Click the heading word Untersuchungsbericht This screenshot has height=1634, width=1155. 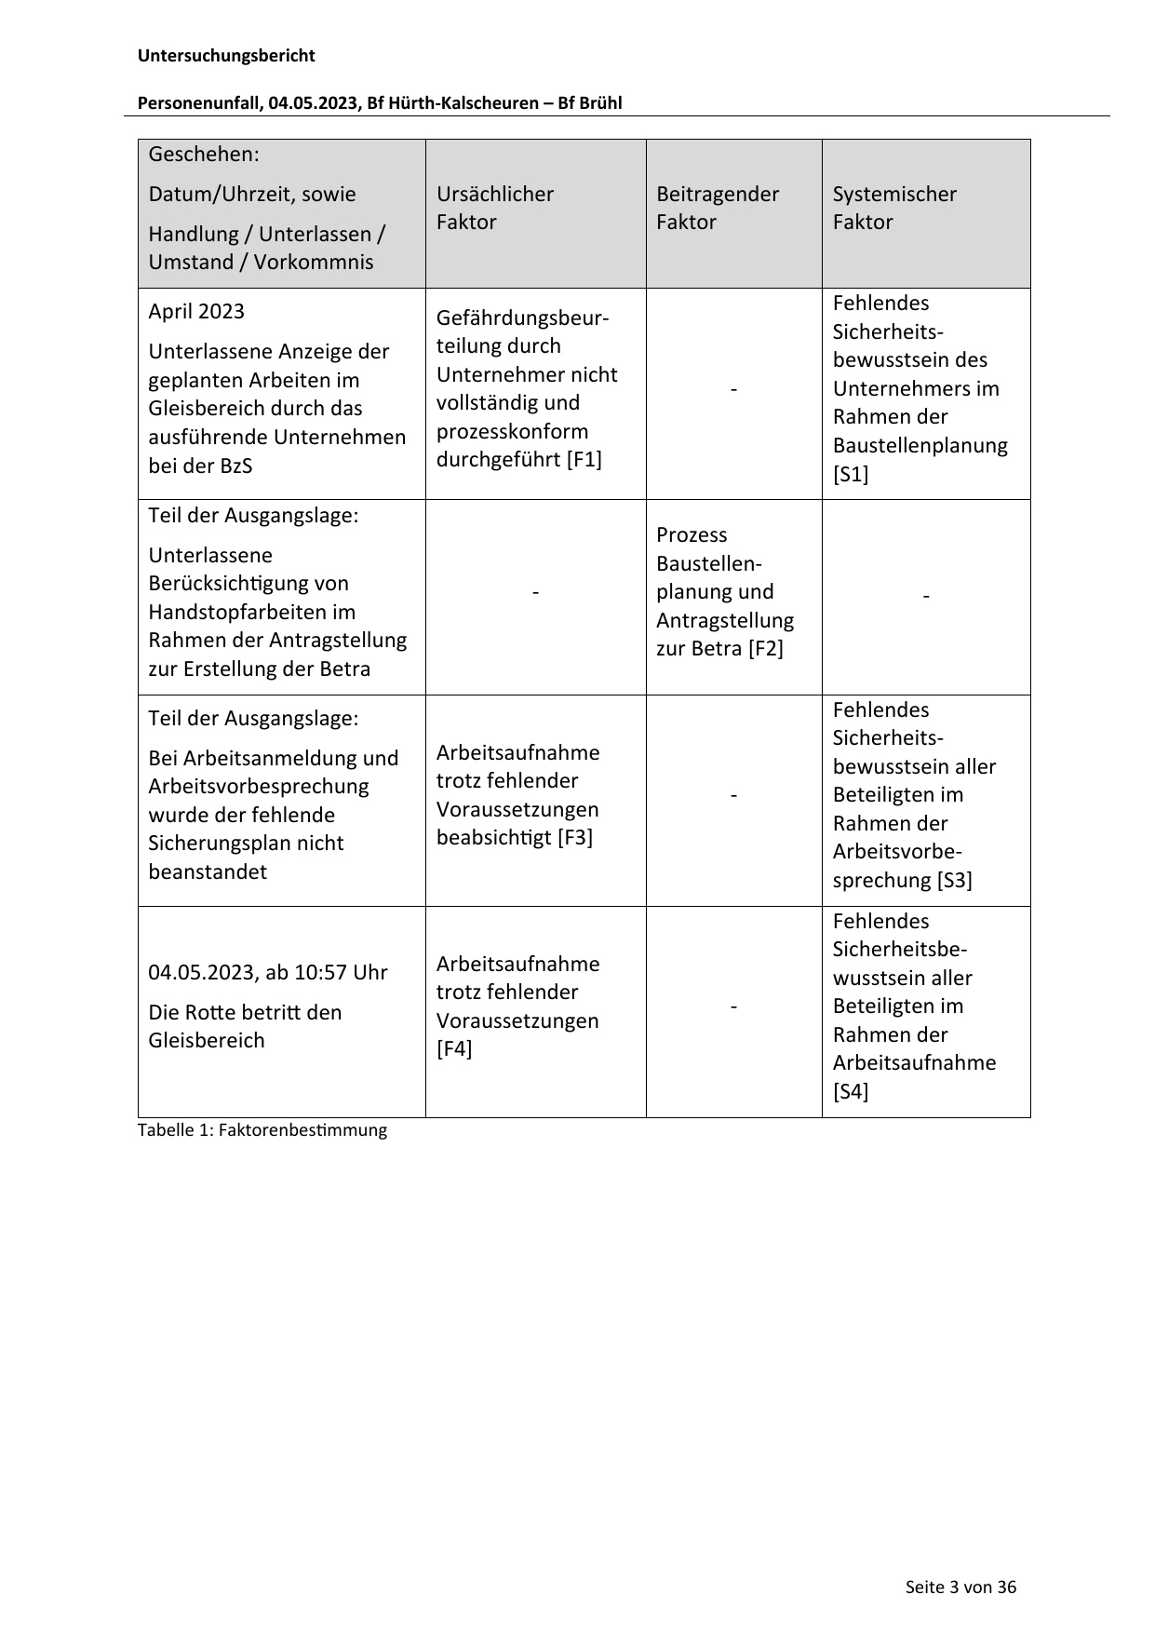pos(226,56)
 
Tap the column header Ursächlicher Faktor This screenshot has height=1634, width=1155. pos(494,208)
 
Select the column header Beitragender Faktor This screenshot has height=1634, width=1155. pos(717,208)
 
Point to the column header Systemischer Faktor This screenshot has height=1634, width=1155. pos(893,208)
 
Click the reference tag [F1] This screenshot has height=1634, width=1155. pos(584,460)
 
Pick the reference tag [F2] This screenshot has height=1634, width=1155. pos(766,648)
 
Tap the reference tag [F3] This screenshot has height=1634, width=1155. pos(575,837)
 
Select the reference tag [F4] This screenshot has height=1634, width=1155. pos(454,1049)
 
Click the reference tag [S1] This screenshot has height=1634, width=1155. pos(851,474)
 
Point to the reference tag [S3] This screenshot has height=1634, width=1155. pos(954,881)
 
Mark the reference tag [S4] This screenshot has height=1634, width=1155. pos(851,1091)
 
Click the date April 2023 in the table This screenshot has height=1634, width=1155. pos(196,311)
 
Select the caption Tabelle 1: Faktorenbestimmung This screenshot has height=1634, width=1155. pos(262,1130)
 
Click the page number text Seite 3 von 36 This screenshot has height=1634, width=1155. pos(960,1587)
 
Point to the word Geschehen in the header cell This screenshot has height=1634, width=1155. pos(201,154)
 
